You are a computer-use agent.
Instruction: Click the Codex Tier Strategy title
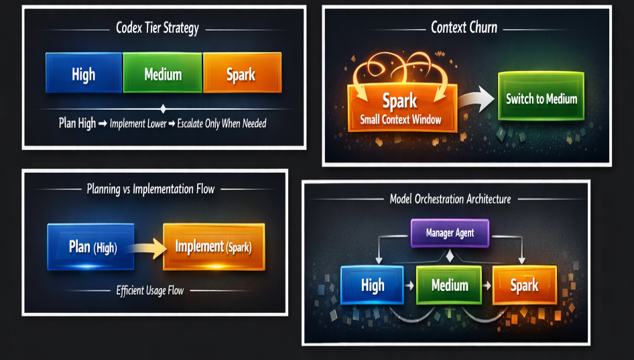[157, 29]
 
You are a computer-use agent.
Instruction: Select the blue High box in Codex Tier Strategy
[84, 73]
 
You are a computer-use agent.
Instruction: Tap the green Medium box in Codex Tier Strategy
[163, 73]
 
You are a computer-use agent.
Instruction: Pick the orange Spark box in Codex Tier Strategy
[241, 73]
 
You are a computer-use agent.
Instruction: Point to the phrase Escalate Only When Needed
[221, 123]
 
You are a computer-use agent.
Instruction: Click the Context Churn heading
[464, 28]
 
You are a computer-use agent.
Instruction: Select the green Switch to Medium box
[541, 99]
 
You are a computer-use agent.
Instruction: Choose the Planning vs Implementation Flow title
[151, 189]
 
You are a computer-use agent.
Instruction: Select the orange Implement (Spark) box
[214, 247]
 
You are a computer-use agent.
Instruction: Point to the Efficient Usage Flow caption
[151, 290]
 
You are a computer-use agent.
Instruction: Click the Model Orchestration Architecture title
[450, 199]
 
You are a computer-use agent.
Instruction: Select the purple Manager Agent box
[450, 233]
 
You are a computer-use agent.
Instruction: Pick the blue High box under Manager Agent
[372, 285]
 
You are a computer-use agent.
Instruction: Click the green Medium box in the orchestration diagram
[449, 285]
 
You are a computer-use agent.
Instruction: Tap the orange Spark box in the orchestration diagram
[524, 285]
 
